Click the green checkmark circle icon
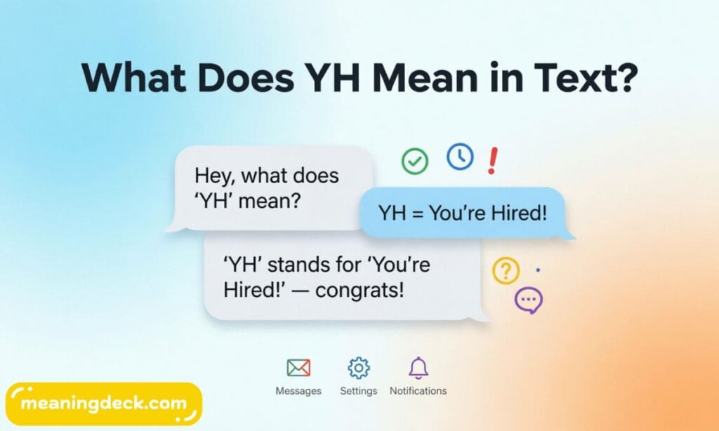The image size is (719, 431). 415,161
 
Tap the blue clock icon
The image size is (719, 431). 460,157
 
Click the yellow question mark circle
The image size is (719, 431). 506,270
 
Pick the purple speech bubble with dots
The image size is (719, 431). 528,300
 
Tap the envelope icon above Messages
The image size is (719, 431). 298,368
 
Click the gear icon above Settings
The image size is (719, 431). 359,368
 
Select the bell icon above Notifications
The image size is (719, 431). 418,368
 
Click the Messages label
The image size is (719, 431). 298,391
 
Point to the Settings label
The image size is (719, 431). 359,391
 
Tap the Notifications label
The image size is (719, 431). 418,391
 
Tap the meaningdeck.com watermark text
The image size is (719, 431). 104,404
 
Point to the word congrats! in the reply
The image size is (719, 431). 359,290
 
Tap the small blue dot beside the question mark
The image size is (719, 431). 537,269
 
